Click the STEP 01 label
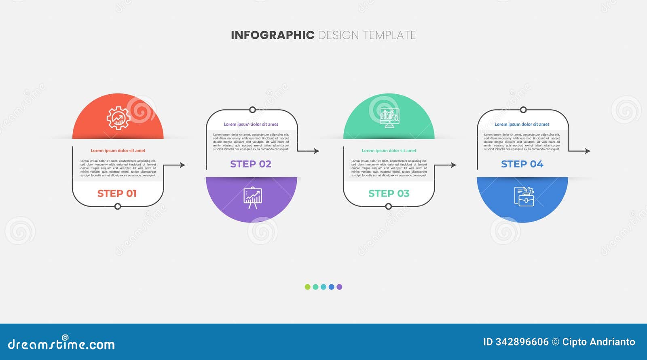(117, 193)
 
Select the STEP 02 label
(251, 164)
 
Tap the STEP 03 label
(389, 193)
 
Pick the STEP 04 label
(522, 164)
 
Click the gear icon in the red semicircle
(118, 118)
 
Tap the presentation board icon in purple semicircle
(253, 197)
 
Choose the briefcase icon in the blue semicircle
(524, 197)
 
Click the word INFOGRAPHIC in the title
(272, 35)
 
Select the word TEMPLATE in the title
(389, 35)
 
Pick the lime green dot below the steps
(307, 287)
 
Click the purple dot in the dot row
(339, 287)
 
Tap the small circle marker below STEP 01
(118, 207)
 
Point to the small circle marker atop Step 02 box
(252, 110)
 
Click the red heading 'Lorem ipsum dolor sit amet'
(118, 150)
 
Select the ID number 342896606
(522, 342)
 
